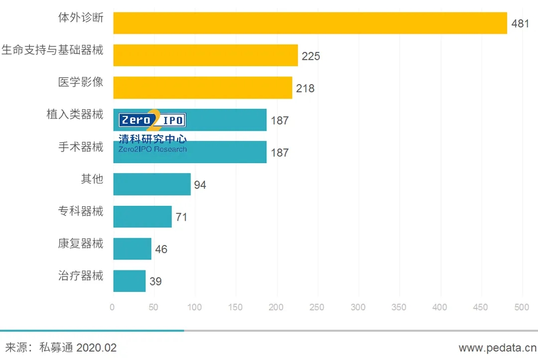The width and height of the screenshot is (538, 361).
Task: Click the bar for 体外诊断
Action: click(x=310, y=23)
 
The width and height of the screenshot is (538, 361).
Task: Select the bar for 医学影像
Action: click(x=203, y=88)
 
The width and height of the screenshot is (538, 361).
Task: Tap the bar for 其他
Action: click(x=152, y=184)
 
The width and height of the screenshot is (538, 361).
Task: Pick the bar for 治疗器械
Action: click(x=130, y=281)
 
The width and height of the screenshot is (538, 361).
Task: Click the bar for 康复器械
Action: click(x=132, y=249)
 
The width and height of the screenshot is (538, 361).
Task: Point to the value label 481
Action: click(x=520, y=23)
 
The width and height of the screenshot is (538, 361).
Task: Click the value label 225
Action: click(x=311, y=56)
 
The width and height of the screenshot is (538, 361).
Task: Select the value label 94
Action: click(x=200, y=185)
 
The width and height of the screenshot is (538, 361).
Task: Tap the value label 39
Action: click(x=155, y=281)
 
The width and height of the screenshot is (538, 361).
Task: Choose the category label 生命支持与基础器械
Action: click(x=52, y=50)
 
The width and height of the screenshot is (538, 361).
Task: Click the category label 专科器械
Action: click(x=81, y=211)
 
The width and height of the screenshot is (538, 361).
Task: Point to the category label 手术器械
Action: click(x=81, y=147)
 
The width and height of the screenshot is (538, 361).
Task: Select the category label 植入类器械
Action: click(x=75, y=115)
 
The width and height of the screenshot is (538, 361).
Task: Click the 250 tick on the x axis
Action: click(x=317, y=307)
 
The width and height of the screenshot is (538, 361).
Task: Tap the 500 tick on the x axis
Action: click(x=522, y=307)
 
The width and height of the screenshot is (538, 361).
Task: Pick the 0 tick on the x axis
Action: click(x=112, y=307)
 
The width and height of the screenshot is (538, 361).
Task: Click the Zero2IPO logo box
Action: click(x=152, y=120)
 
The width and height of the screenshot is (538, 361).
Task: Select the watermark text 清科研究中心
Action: click(x=152, y=139)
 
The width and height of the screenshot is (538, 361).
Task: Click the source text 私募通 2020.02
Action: click(x=78, y=348)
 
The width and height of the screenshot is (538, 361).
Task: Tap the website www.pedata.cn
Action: click(x=497, y=348)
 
